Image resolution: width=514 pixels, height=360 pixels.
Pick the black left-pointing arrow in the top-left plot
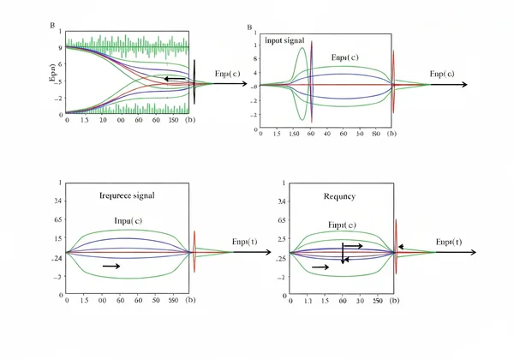coord(176,78)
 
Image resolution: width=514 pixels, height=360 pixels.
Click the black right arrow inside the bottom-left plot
coord(111,267)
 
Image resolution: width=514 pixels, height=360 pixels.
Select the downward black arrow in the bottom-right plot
coord(343,253)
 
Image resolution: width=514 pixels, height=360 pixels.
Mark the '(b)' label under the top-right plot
coord(391,135)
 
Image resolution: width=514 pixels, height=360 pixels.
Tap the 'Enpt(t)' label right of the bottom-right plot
coord(448,243)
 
